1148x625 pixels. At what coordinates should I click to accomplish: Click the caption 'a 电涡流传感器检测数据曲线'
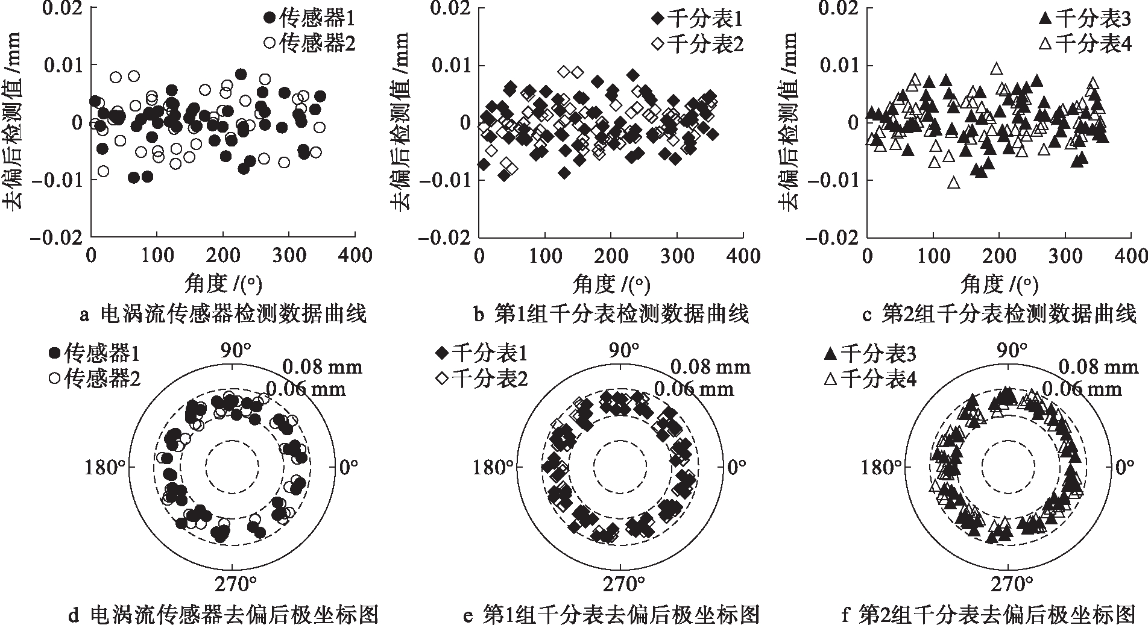222,314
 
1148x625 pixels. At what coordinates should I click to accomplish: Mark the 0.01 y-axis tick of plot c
839,64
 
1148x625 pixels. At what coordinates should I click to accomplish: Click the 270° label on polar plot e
621,583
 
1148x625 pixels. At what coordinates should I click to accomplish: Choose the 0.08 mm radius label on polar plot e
710,366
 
